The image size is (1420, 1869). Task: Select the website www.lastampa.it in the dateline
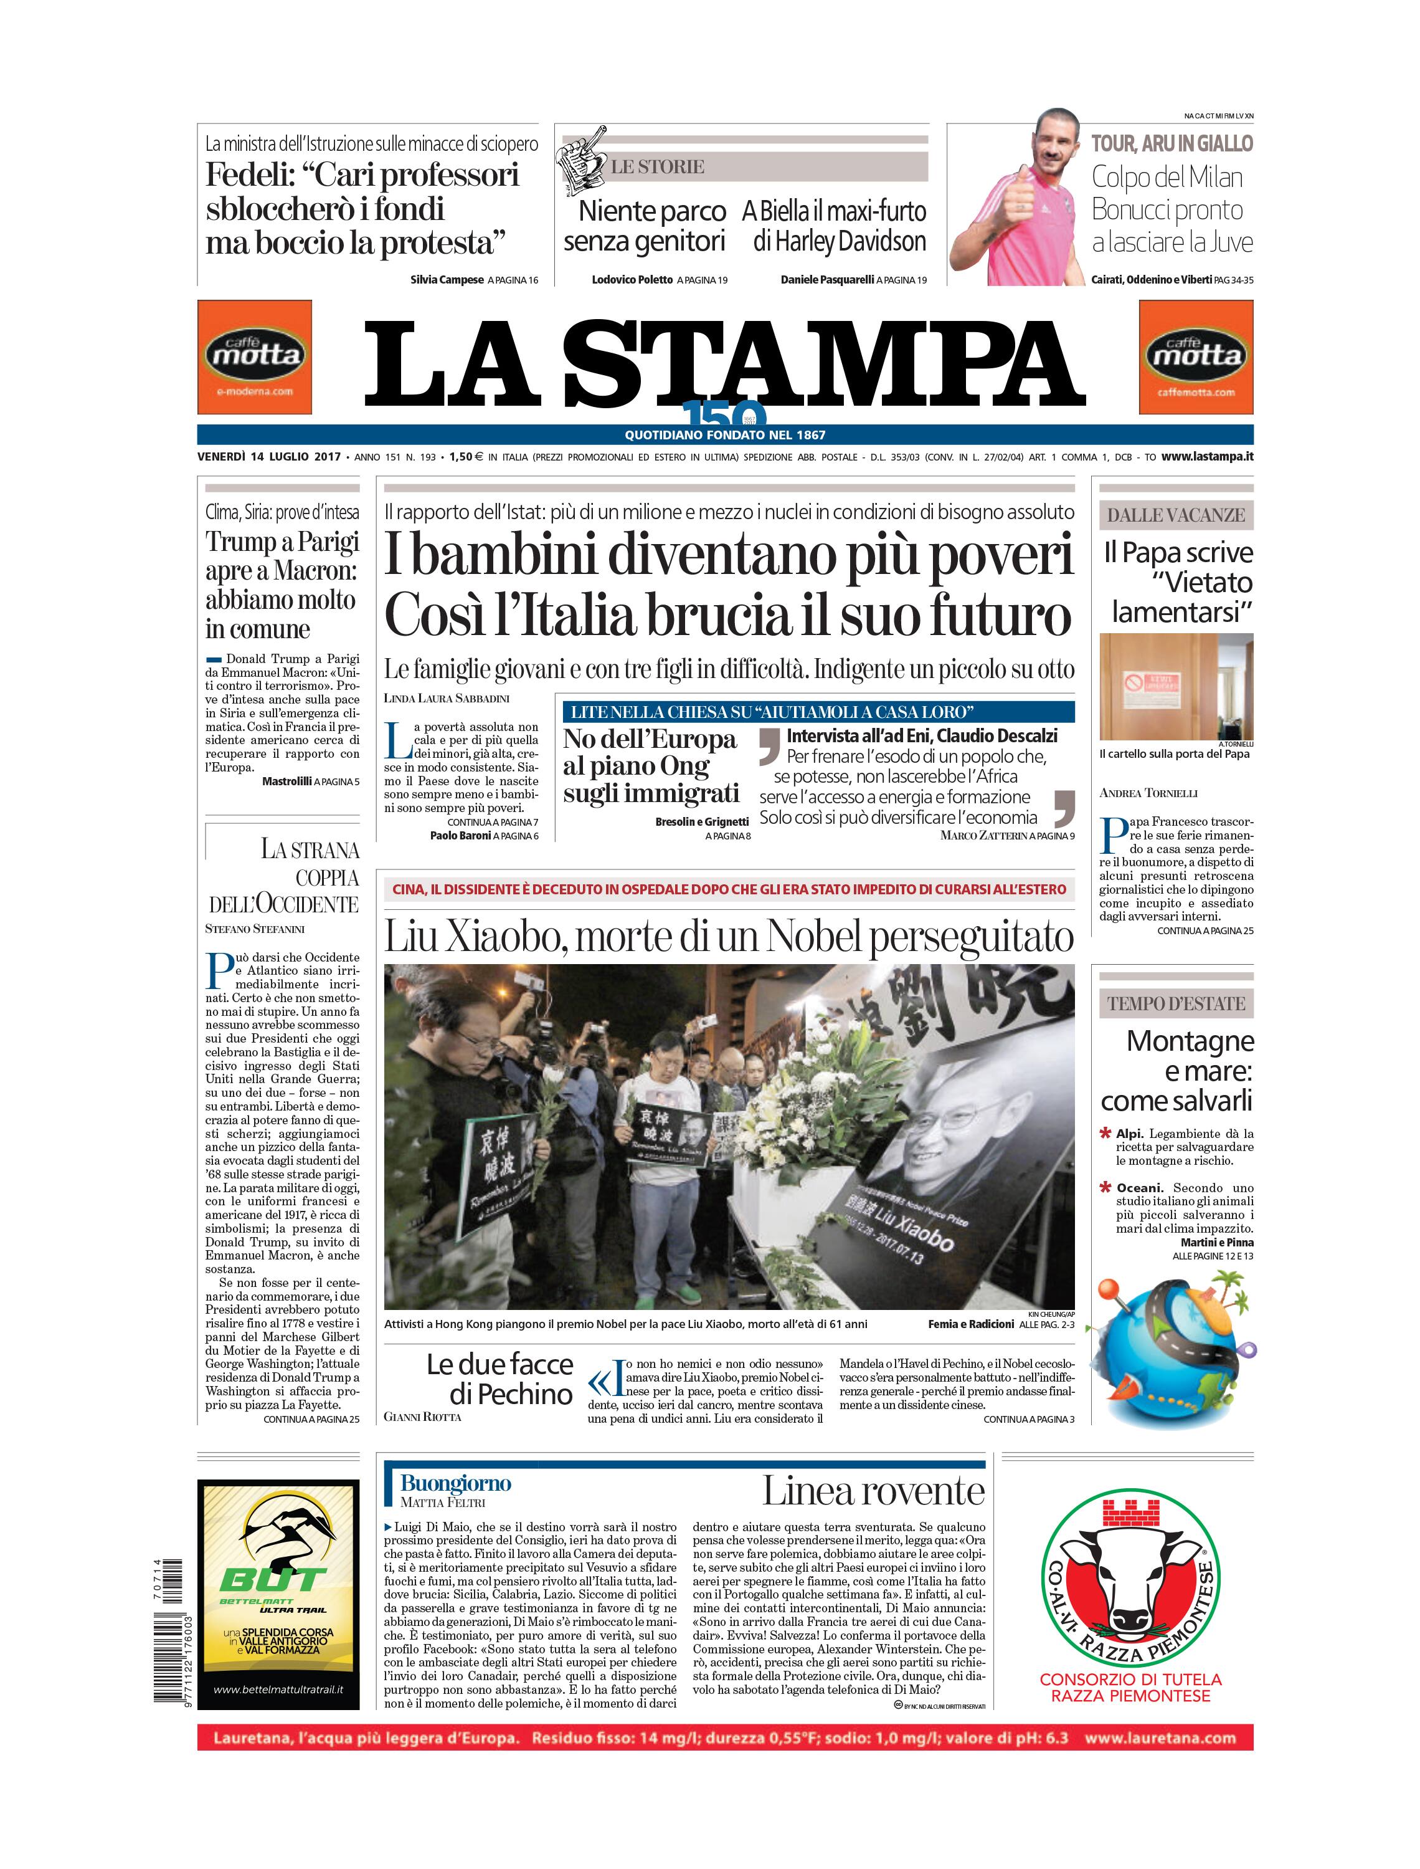point(1206,457)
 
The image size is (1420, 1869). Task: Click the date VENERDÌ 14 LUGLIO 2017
point(269,457)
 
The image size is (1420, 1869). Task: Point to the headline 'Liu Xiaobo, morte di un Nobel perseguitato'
point(729,937)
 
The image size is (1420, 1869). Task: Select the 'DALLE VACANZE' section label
point(1176,515)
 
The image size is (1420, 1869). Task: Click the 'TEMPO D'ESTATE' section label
point(1176,1004)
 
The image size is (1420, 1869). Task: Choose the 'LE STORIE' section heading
point(658,166)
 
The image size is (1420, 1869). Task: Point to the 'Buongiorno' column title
point(456,1507)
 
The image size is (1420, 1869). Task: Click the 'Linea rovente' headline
point(873,1514)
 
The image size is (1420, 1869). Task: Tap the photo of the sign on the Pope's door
point(1176,686)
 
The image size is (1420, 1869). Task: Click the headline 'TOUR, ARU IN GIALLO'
point(1171,144)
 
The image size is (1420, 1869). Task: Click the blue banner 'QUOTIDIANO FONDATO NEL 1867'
point(724,435)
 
